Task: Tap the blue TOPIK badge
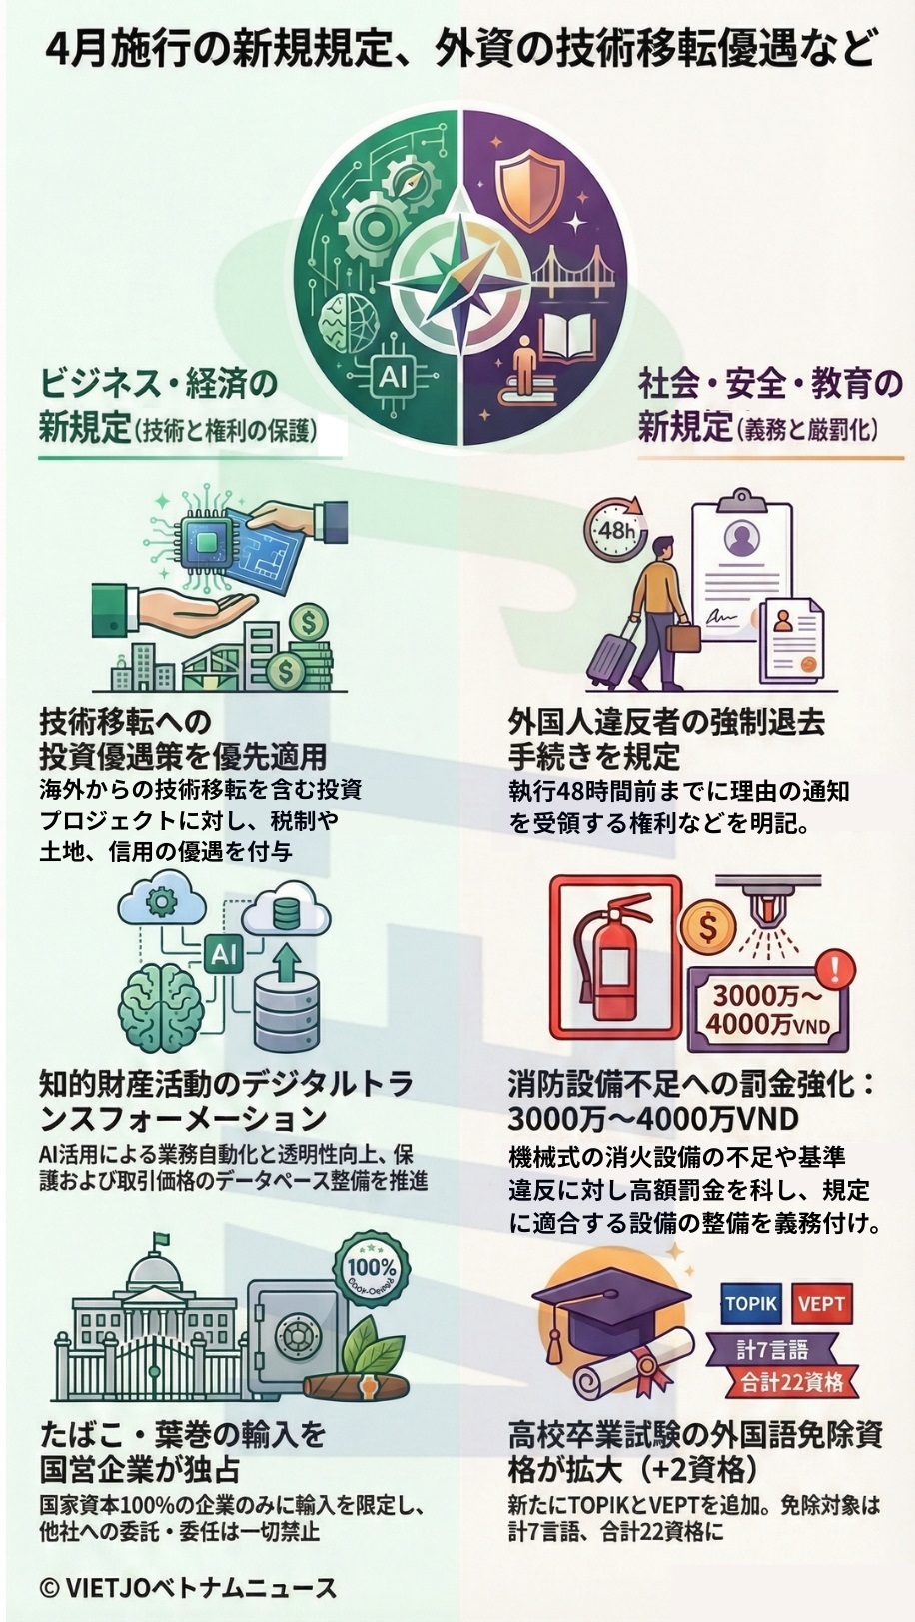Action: tap(751, 1303)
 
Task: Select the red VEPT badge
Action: tap(822, 1303)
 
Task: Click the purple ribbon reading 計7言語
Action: tap(771, 1349)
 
